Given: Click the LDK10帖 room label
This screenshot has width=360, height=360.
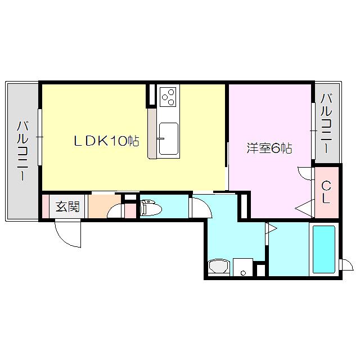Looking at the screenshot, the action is click(106, 141).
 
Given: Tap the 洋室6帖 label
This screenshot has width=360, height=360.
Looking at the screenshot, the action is click(269, 148).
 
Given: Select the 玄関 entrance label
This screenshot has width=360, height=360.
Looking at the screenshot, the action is click(67, 206).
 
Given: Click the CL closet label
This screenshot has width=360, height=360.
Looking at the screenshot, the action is click(326, 192).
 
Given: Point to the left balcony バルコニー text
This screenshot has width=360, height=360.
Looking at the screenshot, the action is click(22, 151).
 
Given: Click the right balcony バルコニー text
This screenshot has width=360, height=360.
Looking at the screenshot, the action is click(326, 124).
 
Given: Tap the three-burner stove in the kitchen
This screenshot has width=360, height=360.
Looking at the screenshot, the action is click(168, 97).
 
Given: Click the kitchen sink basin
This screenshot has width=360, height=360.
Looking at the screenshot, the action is click(169, 139).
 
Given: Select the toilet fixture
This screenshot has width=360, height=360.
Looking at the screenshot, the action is click(151, 208).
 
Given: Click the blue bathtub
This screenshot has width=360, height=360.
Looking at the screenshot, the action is click(324, 249).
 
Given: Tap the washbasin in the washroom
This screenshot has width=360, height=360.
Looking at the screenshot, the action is click(219, 266).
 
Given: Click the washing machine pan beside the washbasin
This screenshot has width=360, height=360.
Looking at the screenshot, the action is click(243, 267).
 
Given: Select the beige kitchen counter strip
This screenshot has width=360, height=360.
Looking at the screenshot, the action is click(152, 134).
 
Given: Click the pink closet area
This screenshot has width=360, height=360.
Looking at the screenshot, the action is click(326, 192).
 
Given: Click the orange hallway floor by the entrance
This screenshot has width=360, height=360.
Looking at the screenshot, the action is click(105, 206).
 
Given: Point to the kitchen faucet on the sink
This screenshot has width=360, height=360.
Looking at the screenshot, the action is click(160, 138).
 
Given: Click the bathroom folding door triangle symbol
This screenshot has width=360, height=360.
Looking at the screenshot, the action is click(271, 228).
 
